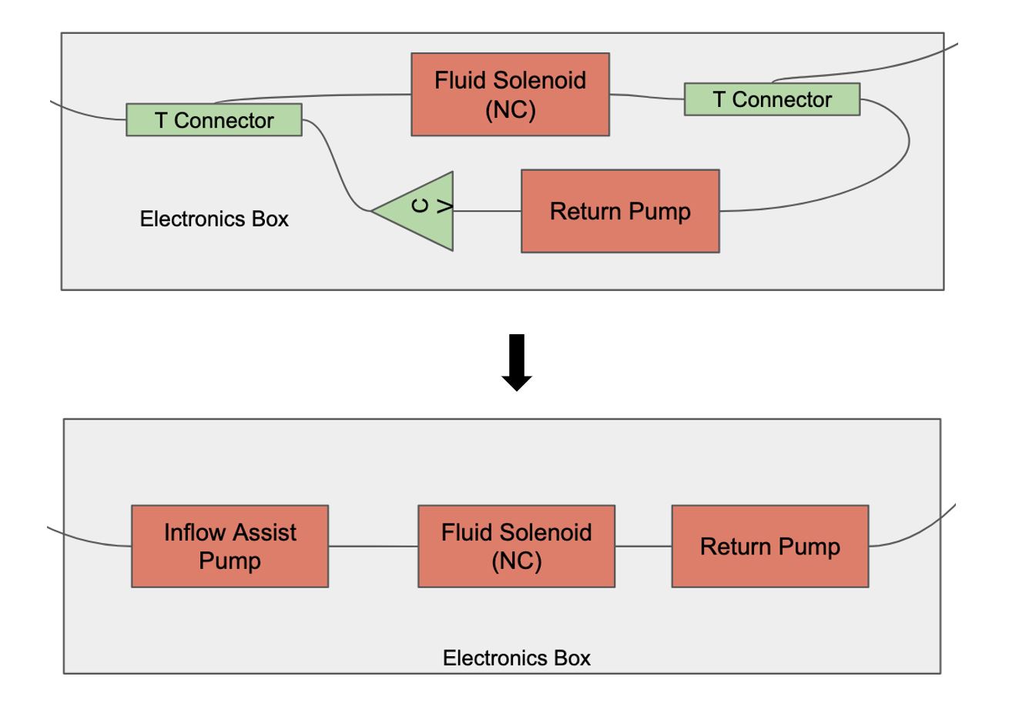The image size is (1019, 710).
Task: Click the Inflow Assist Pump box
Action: coord(230,546)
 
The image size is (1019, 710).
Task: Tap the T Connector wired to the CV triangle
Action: coord(214,121)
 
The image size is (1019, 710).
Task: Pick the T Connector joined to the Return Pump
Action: coord(772,99)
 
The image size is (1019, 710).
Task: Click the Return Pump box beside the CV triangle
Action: coord(620,211)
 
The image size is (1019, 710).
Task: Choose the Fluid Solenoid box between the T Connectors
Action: coord(510,94)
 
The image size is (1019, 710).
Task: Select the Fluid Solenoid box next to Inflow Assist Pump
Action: coord(516,546)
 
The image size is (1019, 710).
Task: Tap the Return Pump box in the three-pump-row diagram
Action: coord(769,546)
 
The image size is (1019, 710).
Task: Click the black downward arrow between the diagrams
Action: coord(517,362)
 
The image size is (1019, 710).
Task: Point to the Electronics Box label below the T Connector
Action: coord(214,219)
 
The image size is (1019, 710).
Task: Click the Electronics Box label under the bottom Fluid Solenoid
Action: coord(516,658)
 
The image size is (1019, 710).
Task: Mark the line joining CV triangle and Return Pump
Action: coord(487,210)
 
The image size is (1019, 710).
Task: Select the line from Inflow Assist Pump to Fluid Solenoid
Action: coord(373,546)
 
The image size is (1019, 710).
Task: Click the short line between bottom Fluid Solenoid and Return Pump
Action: coord(643,546)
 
